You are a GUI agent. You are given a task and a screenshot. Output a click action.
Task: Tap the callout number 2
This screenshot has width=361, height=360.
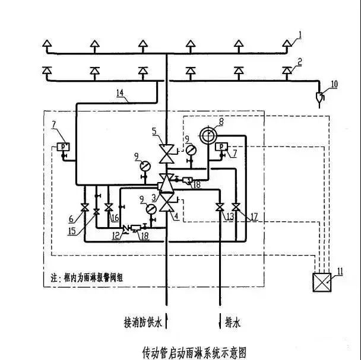coord(300,61)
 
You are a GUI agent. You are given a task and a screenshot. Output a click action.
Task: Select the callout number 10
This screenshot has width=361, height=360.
coord(334,84)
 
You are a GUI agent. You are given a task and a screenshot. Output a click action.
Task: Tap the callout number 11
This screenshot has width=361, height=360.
coord(340,272)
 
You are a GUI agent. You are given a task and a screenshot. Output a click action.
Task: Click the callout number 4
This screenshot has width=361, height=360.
coord(178,216)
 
